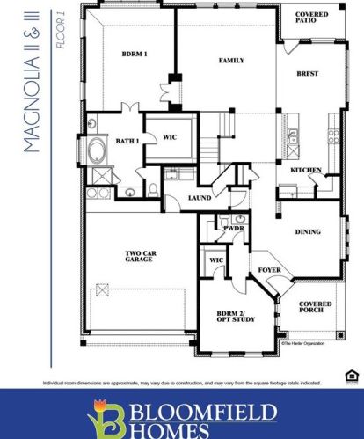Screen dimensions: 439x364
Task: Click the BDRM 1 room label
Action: [x=135, y=54]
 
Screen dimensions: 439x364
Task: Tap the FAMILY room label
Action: [x=230, y=61]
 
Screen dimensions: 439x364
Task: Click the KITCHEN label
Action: [x=305, y=170]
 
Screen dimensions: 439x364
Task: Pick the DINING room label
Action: [x=307, y=232]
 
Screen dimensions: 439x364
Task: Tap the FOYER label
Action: [x=268, y=270]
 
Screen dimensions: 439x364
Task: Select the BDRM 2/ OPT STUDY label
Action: [x=236, y=316]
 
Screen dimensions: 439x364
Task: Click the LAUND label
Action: [x=200, y=198]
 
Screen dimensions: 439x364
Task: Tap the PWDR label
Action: [x=233, y=227]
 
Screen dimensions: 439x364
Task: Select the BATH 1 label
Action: [x=127, y=142]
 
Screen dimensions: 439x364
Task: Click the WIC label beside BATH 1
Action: [x=171, y=137]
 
